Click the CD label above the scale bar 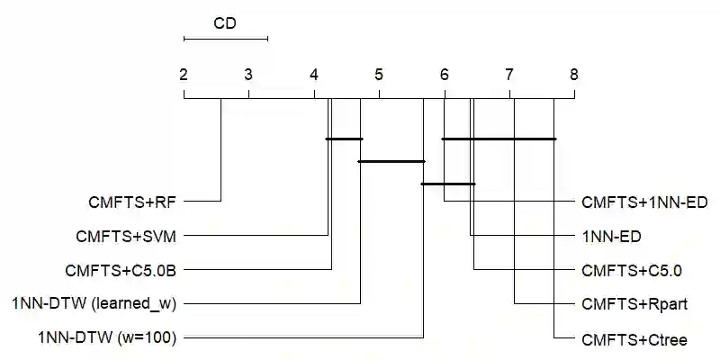pyautogui.click(x=225, y=23)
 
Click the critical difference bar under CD pyautogui.click(x=225, y=39)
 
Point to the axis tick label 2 pyautogui.click(x=184, y=75)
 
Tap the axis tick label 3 pyautogui.click(x=248, y=75)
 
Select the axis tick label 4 pyautogui.click(x=314, y=75)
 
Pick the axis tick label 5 pyautogui.click(x=379, y=75)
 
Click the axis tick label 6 pyautogui.click(x=444, y=75)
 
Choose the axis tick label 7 pyautogui.click(x=509, y=75)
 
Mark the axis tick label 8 pyautogui.click(x=574, y=75)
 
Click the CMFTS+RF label pyautogui.click(x=132, y=202)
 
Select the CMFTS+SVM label pyautogui.click(x=126, y=236)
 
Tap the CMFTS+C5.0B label pyautogui.click(x=121, y=270)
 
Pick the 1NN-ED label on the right pyautogui.click(x=612, y=236)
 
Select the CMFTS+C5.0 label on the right pyautogui.click(x=632, y=270)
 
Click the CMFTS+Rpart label pyautogui.click(x=634, y=304)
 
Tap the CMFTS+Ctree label pyautogui.click(x=634, y=338)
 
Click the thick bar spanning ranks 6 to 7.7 pyautogui.click(x=499, y=139)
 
